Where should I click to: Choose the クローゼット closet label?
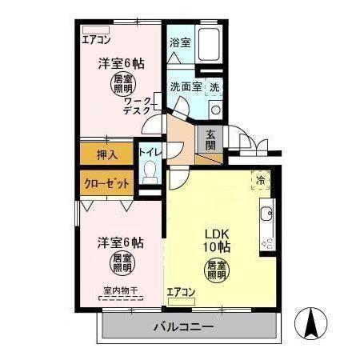point(107,183)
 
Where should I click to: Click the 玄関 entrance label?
point(210,140)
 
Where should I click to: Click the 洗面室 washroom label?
point(185,86)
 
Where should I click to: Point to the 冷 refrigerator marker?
point(259,180)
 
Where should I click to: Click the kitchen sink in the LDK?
point(266,214)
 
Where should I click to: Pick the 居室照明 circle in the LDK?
point(216,270)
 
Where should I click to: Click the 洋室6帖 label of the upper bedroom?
point(122,63)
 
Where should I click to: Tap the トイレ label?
point(150,151)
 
